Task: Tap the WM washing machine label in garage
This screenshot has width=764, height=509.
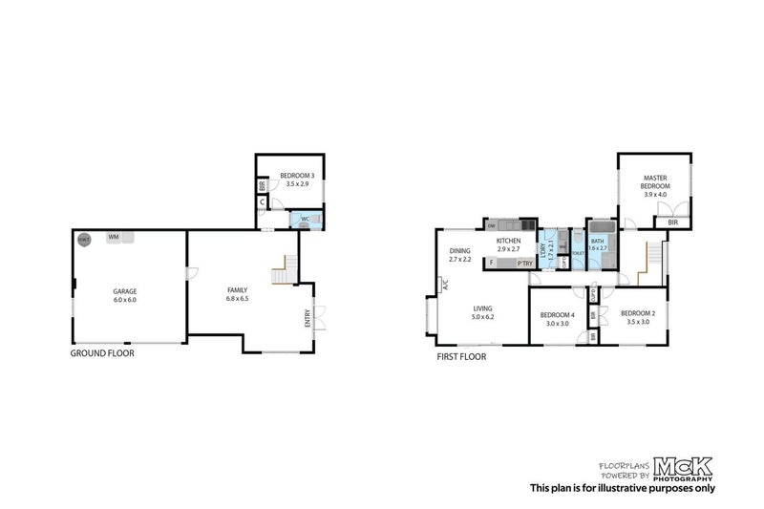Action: [x=114, y=236]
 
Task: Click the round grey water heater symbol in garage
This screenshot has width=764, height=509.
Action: [x=84, y=239]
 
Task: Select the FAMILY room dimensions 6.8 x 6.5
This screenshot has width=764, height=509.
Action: [x=238, y=299]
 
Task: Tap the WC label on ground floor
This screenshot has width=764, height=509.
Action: [x=305, y=219]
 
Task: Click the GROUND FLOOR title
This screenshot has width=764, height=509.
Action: [x=102, y=353]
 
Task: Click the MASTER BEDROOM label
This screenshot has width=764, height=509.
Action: [x=654, y=181]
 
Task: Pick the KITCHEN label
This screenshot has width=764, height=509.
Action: [x=508, y=241]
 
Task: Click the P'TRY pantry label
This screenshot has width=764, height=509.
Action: [x=524, y=263]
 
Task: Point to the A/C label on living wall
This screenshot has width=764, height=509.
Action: [x=443, y=284]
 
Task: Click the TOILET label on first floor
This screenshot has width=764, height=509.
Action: [x=577, y=253]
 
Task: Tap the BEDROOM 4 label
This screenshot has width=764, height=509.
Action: [x=558, y=315]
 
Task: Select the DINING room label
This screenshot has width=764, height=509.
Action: [x=460, y=250]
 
